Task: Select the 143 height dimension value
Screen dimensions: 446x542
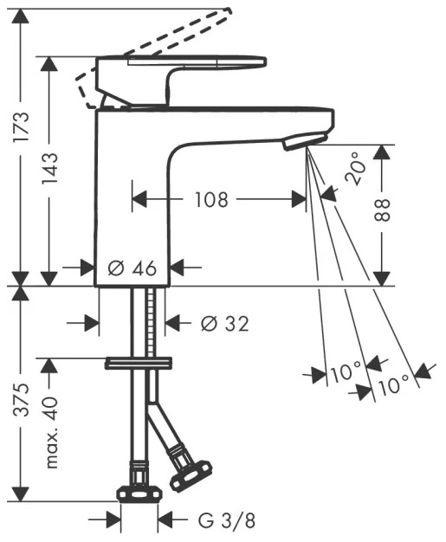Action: [49, 168]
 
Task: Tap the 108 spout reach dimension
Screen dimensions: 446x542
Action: [211, 199]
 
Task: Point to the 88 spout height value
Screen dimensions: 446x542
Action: [382, 210]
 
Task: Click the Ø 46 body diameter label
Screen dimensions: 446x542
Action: [133, 268]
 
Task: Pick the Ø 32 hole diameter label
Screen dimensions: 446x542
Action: [224, 324]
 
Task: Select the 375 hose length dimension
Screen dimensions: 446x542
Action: [21, 400]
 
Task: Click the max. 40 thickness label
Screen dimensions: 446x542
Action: [51, 433]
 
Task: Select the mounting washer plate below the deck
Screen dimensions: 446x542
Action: [139, 363]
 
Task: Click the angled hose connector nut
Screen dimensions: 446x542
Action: [190, 476]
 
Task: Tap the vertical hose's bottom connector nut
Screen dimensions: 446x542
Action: [139, 494]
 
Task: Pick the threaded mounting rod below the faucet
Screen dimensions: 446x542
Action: [150, 321]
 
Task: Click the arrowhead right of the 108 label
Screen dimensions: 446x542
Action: [299, 199]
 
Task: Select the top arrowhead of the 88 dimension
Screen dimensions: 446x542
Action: [382, 152]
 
